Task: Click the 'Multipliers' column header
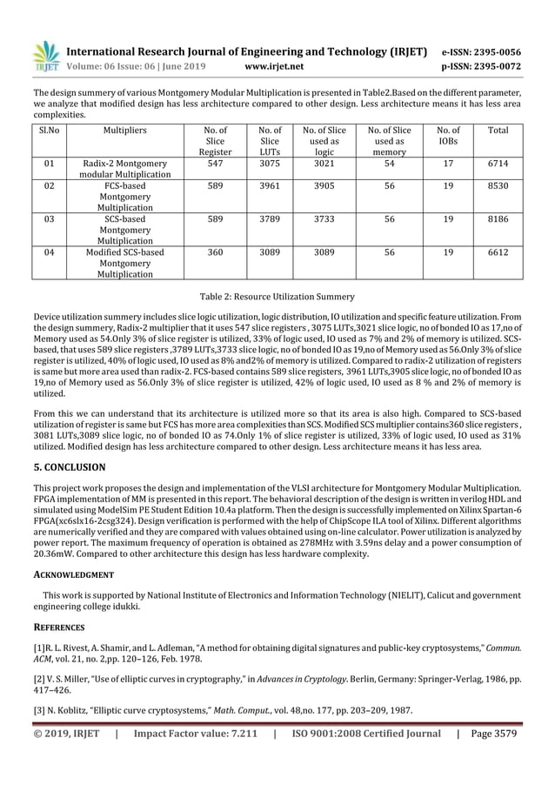pos(124,131)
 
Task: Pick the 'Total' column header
pos(498,131)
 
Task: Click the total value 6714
pos(498,163)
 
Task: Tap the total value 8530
pos(498,185)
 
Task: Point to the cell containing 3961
pos(270,185)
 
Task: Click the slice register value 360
pos(221,252)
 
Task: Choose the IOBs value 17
pos(448,163)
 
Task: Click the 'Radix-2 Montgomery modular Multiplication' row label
pos(124,169)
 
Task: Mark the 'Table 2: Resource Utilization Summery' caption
pos(277,297)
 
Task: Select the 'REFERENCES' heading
pos(60,627)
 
